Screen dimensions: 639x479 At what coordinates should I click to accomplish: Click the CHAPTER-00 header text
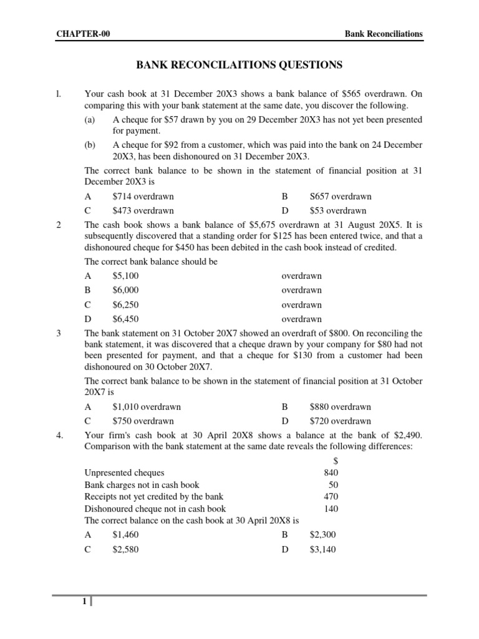pos(84,34)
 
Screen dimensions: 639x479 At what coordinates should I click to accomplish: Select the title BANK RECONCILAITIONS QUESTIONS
pos(239,65)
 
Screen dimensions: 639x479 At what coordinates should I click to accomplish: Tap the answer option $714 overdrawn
pos(143,197)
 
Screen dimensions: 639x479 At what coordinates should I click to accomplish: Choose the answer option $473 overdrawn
pos(143,211)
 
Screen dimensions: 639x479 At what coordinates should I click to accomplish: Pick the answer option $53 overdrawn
pos(338,211)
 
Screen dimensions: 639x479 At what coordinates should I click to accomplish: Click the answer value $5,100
pos(125,276)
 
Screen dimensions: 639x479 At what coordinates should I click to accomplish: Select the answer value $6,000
pos(125,290)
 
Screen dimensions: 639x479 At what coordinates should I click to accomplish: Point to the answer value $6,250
pos(125,305)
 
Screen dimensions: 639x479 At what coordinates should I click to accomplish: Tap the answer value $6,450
pos(125,319)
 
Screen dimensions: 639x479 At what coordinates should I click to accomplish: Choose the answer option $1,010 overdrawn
pos(147,407)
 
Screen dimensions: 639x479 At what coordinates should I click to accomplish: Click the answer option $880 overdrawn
pos(341,407)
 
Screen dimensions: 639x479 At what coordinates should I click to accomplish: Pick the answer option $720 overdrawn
pos(341,421)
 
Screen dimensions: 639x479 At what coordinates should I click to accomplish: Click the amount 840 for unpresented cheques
pos(331,473)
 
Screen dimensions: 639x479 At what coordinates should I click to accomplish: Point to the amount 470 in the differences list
pos(331,497)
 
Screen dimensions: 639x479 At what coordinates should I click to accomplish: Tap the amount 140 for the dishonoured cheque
pos(331,509)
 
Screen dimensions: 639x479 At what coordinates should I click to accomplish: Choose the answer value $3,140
pos(322,550)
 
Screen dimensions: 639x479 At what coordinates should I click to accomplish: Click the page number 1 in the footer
pos(83,602)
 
